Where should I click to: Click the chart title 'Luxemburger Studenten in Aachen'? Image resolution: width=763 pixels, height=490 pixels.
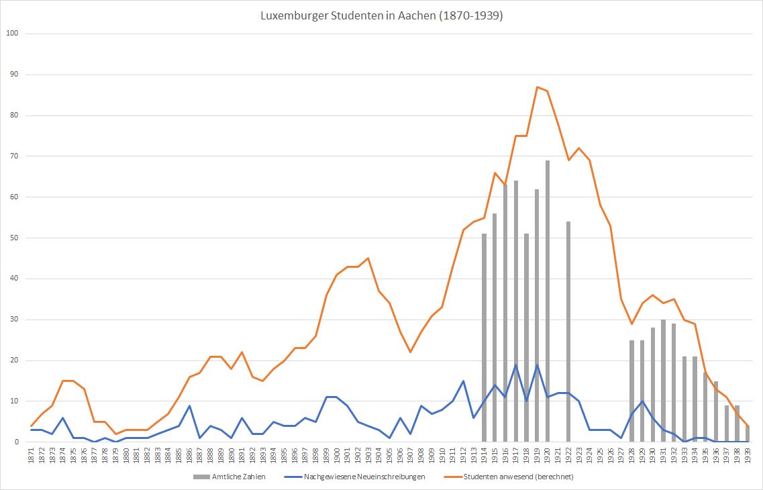(x=381, y=16)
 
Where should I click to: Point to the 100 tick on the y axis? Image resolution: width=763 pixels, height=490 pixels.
(x=12, y=34)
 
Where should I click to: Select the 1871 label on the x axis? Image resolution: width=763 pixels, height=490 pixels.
(x=32, y=456)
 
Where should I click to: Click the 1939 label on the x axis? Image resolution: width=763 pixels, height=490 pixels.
(x=748, y=456)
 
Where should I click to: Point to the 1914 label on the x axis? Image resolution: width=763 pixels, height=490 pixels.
(x=484, y=456)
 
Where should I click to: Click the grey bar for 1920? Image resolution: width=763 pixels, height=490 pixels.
(x=548, y=302)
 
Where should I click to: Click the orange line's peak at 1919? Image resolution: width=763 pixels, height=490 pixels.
(x=537, y=87)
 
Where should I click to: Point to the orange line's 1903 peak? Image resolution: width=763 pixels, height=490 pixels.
(x=368, y=258)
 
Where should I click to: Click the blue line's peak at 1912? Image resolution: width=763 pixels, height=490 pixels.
(x=463, y=381)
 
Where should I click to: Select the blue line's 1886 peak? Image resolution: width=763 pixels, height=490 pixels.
(x=189, y=405)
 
